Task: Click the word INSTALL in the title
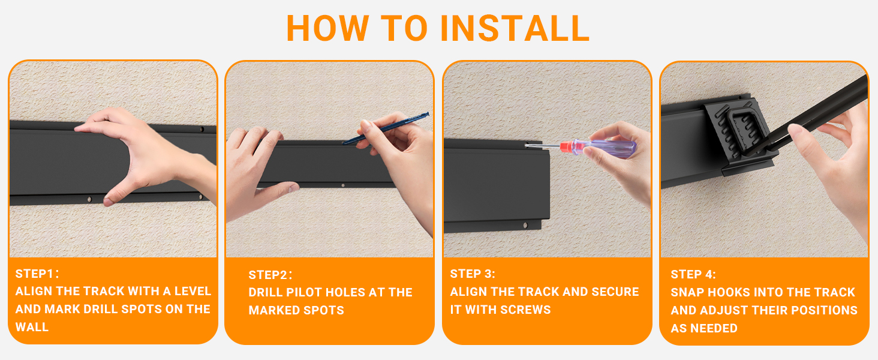point(515,28)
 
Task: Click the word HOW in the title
point(327,28)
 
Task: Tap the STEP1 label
point(37,274)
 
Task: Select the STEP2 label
point(270,275)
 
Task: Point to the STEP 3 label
point(473,274)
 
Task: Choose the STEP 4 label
point(693,274)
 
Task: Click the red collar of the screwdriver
point(566,148)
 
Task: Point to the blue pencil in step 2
point(386,128)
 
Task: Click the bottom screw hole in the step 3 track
point(525,226)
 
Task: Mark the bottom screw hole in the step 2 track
point(343,185)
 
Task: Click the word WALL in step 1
point(32,327)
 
